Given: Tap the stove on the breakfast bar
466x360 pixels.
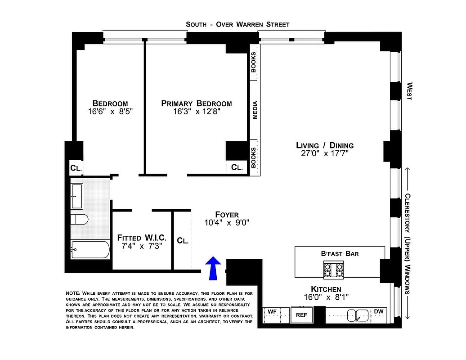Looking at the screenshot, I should [333, 270].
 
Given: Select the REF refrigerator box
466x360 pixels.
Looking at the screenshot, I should [301, 315].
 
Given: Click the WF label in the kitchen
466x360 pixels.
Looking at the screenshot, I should [272, 311].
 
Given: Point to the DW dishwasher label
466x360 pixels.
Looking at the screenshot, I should [378, 311].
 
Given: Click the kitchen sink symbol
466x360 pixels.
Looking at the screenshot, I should [358, 315].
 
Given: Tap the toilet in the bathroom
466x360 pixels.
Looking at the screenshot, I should [79, 220].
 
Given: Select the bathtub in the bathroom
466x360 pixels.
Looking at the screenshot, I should [90, 249].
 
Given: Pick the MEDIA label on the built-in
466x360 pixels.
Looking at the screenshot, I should [255, 110].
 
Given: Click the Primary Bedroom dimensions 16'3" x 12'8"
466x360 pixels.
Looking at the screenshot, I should [197, 112].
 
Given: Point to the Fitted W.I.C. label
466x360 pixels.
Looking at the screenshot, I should [142, 237].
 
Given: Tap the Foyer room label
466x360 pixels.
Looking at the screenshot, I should [227, 215].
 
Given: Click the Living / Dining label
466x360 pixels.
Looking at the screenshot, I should [324, 145].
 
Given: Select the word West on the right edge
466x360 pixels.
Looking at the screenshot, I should [409, 91].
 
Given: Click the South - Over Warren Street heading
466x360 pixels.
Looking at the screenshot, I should [237, 24].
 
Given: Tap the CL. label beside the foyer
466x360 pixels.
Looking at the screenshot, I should [183, 241].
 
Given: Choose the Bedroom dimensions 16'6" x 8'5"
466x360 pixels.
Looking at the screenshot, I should [110, 112].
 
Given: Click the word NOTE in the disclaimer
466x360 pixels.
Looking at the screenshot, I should [73, 293].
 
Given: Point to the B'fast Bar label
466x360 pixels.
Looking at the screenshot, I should [340, 254].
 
